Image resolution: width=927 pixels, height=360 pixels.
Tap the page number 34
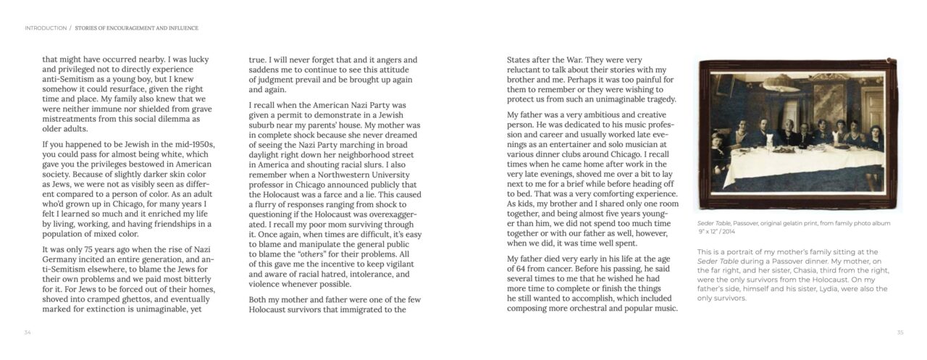[28, 332]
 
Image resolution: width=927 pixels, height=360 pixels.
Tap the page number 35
[899, 332]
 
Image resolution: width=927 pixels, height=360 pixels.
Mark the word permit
[289, 114]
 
